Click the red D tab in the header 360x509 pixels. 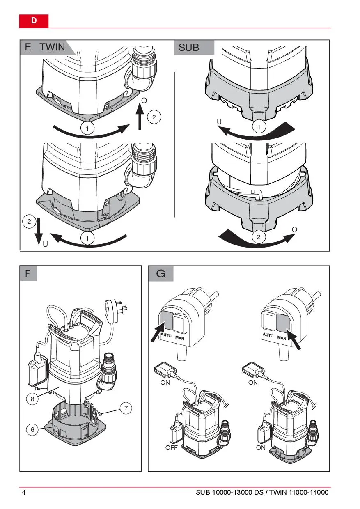point(34,21)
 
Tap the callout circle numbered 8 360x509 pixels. point(32,398)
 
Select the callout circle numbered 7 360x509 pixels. point(126,408)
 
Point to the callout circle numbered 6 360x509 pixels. point(32,430)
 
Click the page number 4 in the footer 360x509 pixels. point(23,492)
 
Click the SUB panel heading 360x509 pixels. point(189,48)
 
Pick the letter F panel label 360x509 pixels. point(28,273)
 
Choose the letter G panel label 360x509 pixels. point(161,273)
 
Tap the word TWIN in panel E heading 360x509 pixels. point(52,47)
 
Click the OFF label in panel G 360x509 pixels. point(171,447)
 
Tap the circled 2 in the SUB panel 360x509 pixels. point(259,237)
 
